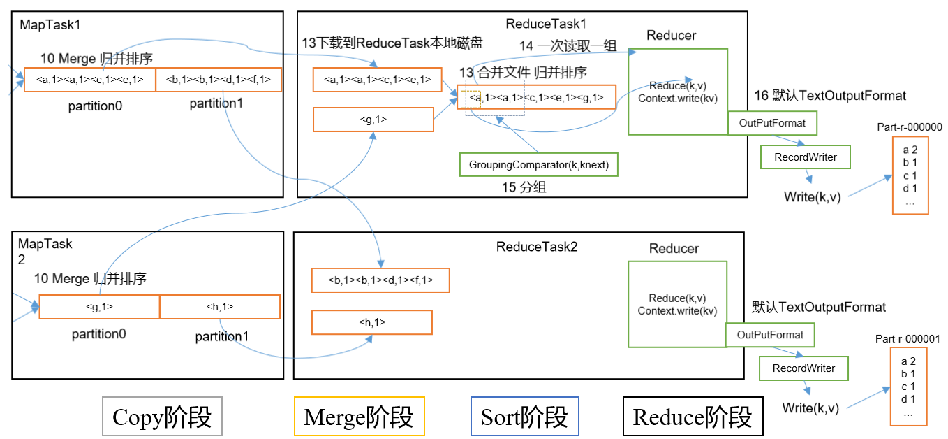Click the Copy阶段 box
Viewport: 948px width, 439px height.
[162, 417]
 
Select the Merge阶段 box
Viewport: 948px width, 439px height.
[359, 417]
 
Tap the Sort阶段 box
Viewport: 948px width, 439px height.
[524, 417]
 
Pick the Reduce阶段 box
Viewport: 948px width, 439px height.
[692, 417]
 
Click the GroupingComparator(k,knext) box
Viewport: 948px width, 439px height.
[539, 165]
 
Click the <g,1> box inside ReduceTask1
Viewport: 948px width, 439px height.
[373, 120]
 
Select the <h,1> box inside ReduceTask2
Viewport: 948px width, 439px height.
[371, 322]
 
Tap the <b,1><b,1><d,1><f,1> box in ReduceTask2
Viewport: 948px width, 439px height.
[380, 280]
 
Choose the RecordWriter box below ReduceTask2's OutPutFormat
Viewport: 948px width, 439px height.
[803, 368]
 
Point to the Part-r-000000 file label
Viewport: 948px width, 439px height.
[910, 127]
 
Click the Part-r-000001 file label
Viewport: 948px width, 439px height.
[908, 339]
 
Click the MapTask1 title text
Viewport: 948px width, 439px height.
[50, 24]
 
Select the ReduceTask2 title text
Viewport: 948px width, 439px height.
[537, 246]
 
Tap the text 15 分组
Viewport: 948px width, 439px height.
[524, 187]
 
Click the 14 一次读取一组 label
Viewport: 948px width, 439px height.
[568, 46]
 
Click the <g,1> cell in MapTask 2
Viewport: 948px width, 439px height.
[99, 307]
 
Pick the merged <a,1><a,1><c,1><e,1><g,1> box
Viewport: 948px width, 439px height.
[537, 97]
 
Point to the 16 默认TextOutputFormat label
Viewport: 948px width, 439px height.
[830, 95]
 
